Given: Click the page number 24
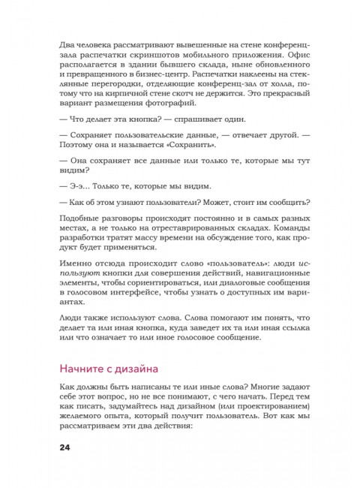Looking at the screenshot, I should click(64, 448).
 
